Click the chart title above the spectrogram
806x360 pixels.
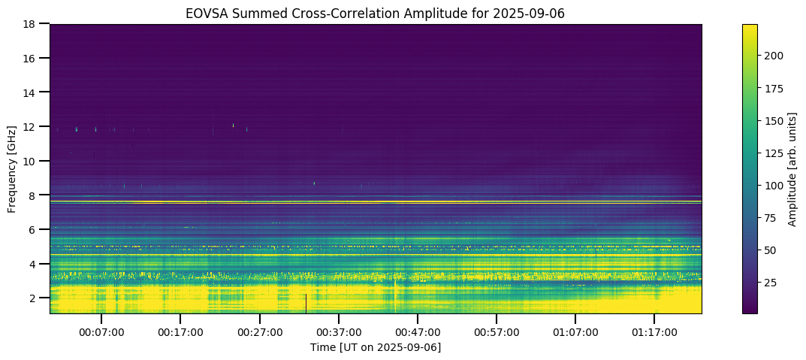click(376, 13)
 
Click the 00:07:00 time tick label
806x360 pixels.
click(101, 331)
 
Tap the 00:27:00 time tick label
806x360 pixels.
click(259, 331)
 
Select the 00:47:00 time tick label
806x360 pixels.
click(417, 331)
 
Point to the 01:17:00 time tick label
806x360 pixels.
click(654, 331)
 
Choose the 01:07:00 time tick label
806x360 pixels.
click(575, 331)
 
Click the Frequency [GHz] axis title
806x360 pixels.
click(13, 168)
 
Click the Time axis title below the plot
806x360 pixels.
click(376, 347)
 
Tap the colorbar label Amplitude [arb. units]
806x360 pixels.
click(792, 168)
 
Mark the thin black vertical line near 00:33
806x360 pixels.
click(306, 303)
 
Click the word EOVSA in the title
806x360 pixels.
click(204, 13)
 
